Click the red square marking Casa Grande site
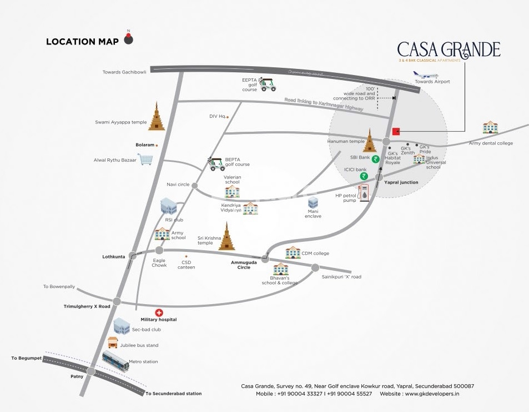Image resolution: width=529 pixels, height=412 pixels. pyautogui.click(x=396, y=132)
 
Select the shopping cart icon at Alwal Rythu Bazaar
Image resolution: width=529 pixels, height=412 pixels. pyautogui.click(x=146, y=160)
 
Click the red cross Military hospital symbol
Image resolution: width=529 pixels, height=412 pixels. pyautogui.click(x=159, y=312)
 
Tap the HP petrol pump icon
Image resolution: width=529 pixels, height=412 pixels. pyautogui.click(x=364, y=193)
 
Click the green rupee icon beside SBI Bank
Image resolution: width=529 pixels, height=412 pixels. pyautogui.click(x=375, y=158)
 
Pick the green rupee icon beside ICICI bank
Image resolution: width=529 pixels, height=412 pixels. pyautogui.click(x=364, y=176)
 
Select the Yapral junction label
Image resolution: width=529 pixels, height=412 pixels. pyautogui.click(x=401, y=182)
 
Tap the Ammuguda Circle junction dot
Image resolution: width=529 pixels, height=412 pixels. pyautogui.click(x=265, y=259)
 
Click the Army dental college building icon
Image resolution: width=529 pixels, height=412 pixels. pyautogui.click(x=490, y=127)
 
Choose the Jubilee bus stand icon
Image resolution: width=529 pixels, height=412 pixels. pyautogui.click(x=113, y=342)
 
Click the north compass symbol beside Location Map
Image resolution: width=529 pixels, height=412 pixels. pyautogui.click(x=129, y=39)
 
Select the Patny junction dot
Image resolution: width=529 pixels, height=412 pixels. pyautogui.click(x=91, y=371)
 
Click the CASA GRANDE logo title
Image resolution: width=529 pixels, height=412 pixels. pyautogui.click(x=449, y=49)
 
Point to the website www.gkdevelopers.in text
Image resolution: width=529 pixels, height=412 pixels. pyautogui.click(x=431, y=394)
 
